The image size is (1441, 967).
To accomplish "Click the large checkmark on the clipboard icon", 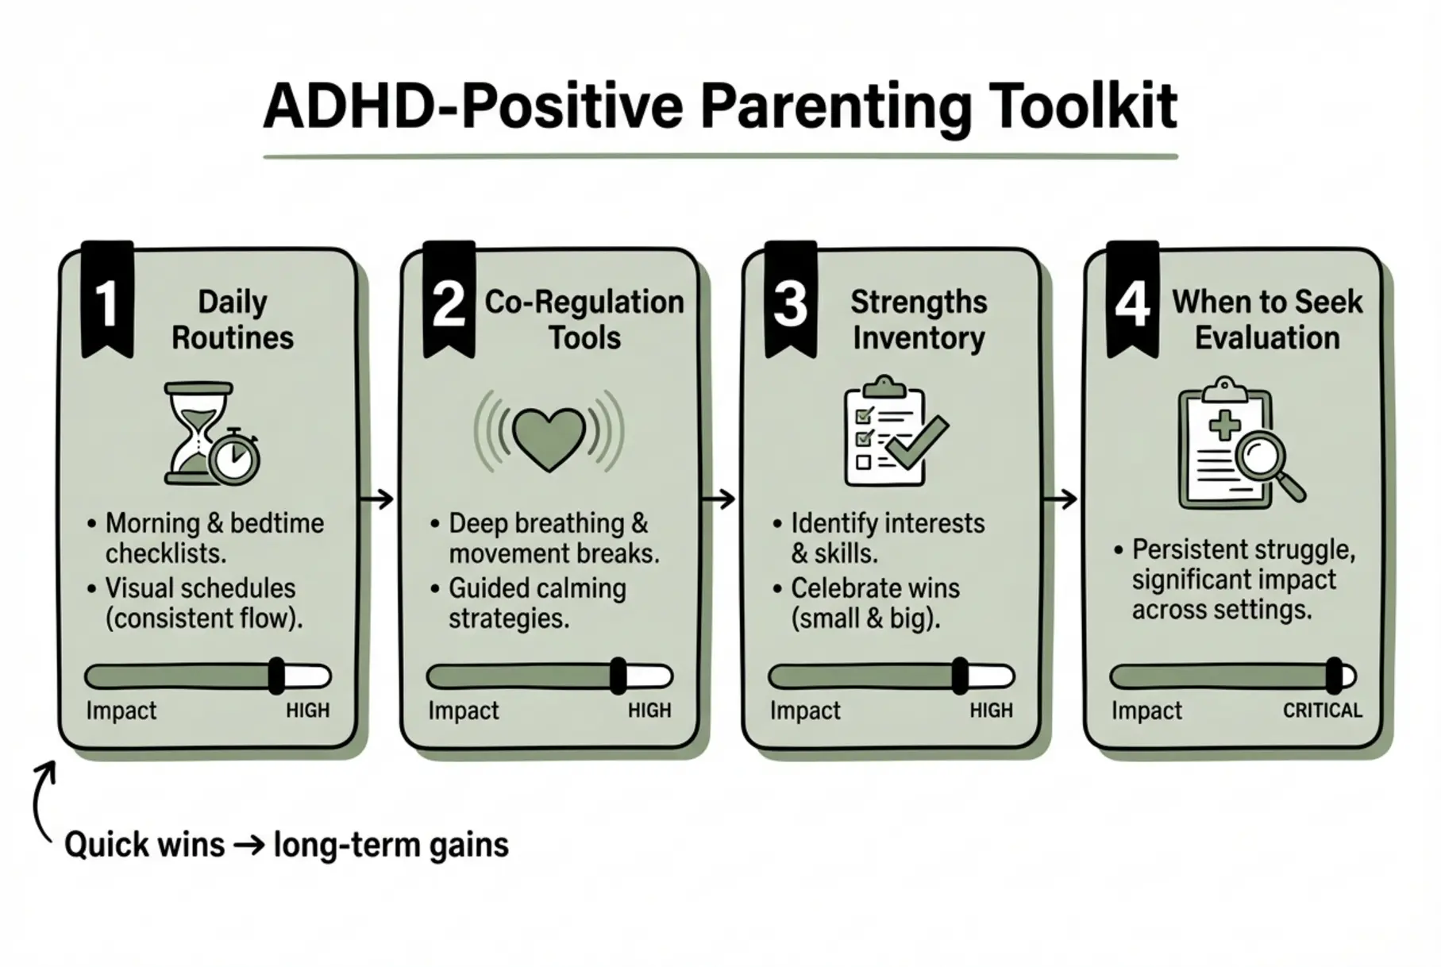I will [917, 442].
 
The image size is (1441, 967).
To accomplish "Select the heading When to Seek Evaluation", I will [1266, 319].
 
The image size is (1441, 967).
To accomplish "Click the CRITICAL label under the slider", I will [1322, 711].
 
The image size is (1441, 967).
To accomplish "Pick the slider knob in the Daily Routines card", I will [275, 676].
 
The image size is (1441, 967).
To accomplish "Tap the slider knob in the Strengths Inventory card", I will [960, 676].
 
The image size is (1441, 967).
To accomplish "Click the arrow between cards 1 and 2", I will [377, 499].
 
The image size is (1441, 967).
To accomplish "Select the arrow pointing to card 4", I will [1060, 499].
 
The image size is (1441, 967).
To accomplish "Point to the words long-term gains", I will [391, 845].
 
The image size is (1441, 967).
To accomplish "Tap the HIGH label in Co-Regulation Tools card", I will [649, 711].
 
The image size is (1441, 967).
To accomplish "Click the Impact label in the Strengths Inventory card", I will [804, 711].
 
